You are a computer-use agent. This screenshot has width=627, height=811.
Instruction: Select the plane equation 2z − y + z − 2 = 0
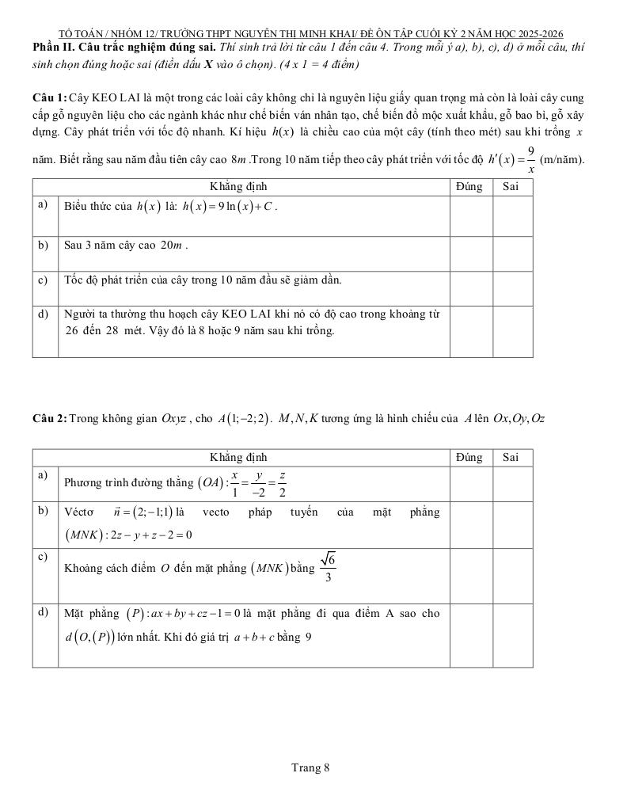[x=147, y=535]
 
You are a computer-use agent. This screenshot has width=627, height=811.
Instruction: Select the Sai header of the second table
[x=512, y=457]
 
